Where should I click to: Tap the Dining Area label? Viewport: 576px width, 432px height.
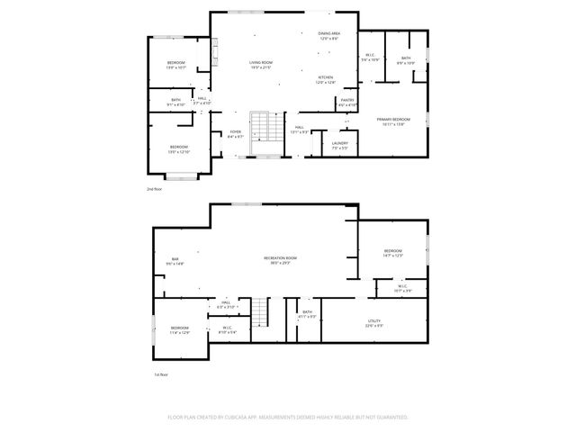[328, 37]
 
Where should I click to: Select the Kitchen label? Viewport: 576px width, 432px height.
[326, 80]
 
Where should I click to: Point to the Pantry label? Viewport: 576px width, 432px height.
[346, 103]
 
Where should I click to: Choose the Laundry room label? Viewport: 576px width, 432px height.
[339, 146]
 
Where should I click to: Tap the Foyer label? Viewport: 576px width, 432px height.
[235, 134]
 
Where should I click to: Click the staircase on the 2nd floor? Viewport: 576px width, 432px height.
[259, 127]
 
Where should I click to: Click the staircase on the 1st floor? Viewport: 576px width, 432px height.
[259, 312]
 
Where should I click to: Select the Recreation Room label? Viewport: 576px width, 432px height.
[280, 261]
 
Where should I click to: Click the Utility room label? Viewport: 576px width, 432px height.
[374, 323]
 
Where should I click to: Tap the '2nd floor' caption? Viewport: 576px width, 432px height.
[155, 189]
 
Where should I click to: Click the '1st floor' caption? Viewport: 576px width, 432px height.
[161, 374]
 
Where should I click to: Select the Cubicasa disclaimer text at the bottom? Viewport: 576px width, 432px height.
[288, 418]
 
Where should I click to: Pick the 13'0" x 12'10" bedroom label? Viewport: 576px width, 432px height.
[178, 149]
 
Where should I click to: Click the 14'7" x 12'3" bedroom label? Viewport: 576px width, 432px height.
[392, 254]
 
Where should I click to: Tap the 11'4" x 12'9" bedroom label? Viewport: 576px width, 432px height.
[179, 330]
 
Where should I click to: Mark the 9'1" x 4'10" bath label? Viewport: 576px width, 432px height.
[175, 102]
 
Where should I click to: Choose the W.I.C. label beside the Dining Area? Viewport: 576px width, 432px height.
[371, 58]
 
